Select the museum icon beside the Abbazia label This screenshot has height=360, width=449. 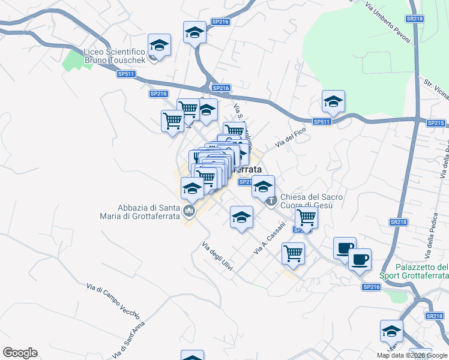pyautogui.click(x=190, y=211)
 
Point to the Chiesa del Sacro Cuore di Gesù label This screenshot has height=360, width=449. pyautogui.click(x=311, y=201)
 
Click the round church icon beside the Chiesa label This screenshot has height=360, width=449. pyautogui.click(x=271, y=200)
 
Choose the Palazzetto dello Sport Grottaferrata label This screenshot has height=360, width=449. pyautogui.click(x=415, y=271)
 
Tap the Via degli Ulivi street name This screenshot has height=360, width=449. pyautogui.click(x=217, y=256)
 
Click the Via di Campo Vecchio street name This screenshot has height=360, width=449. pyautogui.click(x=113, y=301)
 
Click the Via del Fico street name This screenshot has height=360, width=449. pyautogui.click(x=291, y=137)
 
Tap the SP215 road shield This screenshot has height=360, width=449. pyautogui.click(x=436, y=123)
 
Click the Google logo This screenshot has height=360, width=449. pyautogui.click(x=20, y=353)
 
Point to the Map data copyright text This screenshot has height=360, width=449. pyautogui.click(x=412, y=355)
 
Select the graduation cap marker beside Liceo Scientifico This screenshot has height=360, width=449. pyautogui.click(x=159, y=45)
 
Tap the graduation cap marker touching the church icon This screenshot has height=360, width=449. pyautogui.click(x=263, y=187)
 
